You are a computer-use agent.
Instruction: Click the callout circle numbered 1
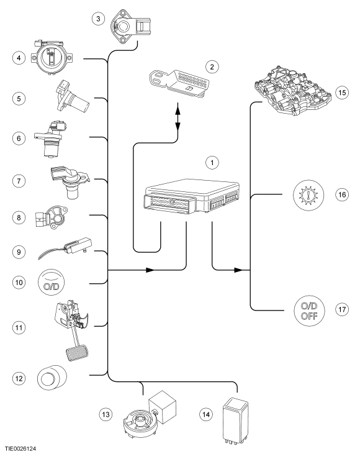(x=212, y=163)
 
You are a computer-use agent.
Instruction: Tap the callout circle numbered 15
(x=342, y=93)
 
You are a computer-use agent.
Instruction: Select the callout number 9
(x=19, y=252)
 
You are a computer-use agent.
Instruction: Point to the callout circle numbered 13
(x=106, y=414)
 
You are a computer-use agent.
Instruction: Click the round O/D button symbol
(x=52, y=283)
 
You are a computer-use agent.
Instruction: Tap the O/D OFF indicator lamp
(x=309, y=310)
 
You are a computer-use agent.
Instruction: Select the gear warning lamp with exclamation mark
(x=308, y=194)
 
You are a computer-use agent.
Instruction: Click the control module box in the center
(x=192, y=197)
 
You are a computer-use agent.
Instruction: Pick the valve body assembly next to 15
(x=292, y=91)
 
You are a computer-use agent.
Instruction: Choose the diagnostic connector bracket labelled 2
(x=179, y=82)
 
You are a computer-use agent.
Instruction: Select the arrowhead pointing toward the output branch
(x=238, y=270)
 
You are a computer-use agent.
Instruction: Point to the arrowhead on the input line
(x=150, y=270)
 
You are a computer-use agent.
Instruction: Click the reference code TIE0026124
(x=20, y=449)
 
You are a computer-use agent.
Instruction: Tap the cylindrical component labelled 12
(x=52, y=378)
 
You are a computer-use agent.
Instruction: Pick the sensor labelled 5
(x=73, y=97)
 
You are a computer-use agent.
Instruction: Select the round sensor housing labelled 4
(x=52, y=58)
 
